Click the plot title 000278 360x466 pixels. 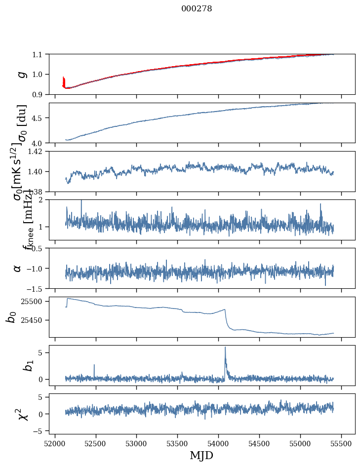(x=197, y=9)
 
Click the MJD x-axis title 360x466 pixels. (x=201, y=455)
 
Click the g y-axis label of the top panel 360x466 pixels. (x=21, y=74)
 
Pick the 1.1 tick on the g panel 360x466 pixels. (x=39, y=54)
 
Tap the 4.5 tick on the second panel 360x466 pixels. (x=39, y=118)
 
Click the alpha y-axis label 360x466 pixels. (x=17, y=268)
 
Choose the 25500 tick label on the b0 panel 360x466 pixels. (x=33, y=301)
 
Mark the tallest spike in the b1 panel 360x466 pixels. (x=225, y=348)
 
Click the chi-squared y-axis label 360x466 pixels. (x=22, y=414)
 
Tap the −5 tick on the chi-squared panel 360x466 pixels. (x=39, y=430)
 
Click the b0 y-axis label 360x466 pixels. (x=11, y=316)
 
